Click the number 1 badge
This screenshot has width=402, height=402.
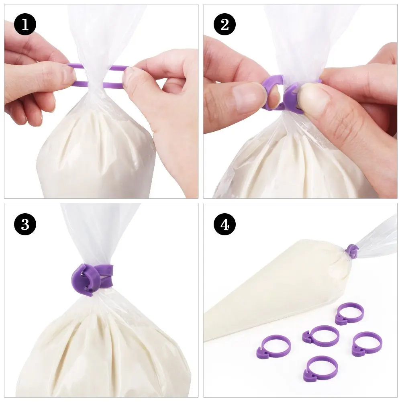(25, 25)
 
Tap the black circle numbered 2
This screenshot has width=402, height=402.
(224, 25)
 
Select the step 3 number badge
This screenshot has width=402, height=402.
(25, 224)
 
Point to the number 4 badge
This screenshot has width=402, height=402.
(224, 224)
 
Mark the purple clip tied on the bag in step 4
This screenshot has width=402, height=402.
(353, 251)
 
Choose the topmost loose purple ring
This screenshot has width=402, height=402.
(350, 312)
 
